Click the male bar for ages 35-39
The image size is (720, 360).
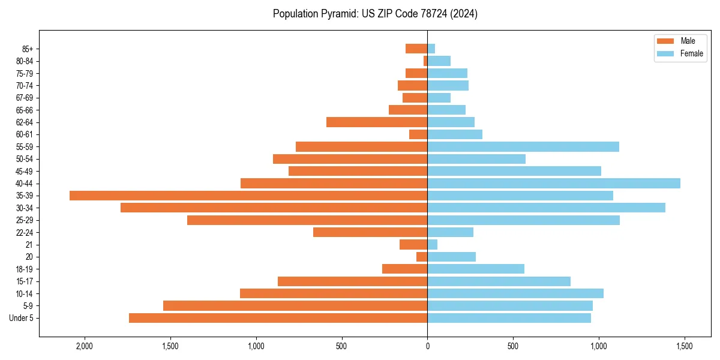(248, 196)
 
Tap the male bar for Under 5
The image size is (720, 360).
(278, 318)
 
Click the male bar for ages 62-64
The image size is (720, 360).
(377, 122)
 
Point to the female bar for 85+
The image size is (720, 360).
(431, 49)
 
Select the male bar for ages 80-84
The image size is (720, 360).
(425, 61)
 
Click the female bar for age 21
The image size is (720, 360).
(433, 244)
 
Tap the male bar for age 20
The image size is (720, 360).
(422, 257)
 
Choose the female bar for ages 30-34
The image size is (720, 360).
(546, 208)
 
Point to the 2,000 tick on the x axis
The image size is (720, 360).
(85, 346)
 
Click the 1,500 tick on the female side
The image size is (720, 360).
(685, 346)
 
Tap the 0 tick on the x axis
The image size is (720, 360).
(427, 346)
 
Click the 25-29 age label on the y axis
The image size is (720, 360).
(25, 220)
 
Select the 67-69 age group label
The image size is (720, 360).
(25, 98)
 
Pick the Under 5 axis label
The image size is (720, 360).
(22, 318)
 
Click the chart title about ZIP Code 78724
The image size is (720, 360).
(375, 14)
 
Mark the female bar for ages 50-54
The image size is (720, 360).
(476, 159)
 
